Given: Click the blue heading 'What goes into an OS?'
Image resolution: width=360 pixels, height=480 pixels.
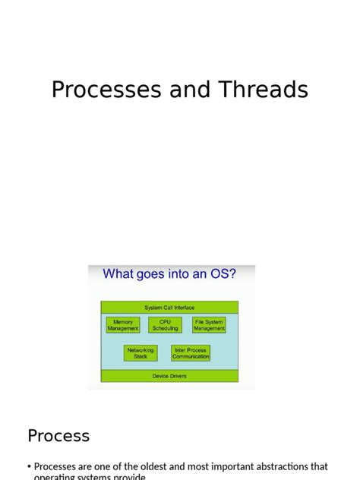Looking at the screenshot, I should pos(169,274).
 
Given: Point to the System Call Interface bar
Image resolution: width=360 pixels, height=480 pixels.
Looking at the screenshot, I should pos(169,308).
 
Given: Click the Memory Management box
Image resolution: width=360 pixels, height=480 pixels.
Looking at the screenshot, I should pos(123,325).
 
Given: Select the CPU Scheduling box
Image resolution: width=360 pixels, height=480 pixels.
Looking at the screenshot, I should pos(165,325).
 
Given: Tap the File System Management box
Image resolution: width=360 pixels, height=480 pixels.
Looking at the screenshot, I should pos(209,325).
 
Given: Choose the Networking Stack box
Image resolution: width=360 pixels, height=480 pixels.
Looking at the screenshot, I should pos(141,353).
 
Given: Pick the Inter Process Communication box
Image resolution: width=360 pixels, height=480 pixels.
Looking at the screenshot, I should pos(191,353).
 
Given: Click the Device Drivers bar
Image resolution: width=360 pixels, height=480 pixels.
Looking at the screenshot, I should pos(169,375).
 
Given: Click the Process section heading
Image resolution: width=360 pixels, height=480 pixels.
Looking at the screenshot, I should pos(58,436).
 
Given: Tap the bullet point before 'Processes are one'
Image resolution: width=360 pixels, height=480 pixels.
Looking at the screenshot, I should pos(29,467).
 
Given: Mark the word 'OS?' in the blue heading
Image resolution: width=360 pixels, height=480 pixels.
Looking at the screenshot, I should pos(222,274).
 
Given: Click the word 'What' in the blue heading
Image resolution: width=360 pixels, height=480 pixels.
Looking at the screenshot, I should pos(118,274).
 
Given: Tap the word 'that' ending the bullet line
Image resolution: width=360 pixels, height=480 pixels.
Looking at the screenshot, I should pos(320,467).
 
